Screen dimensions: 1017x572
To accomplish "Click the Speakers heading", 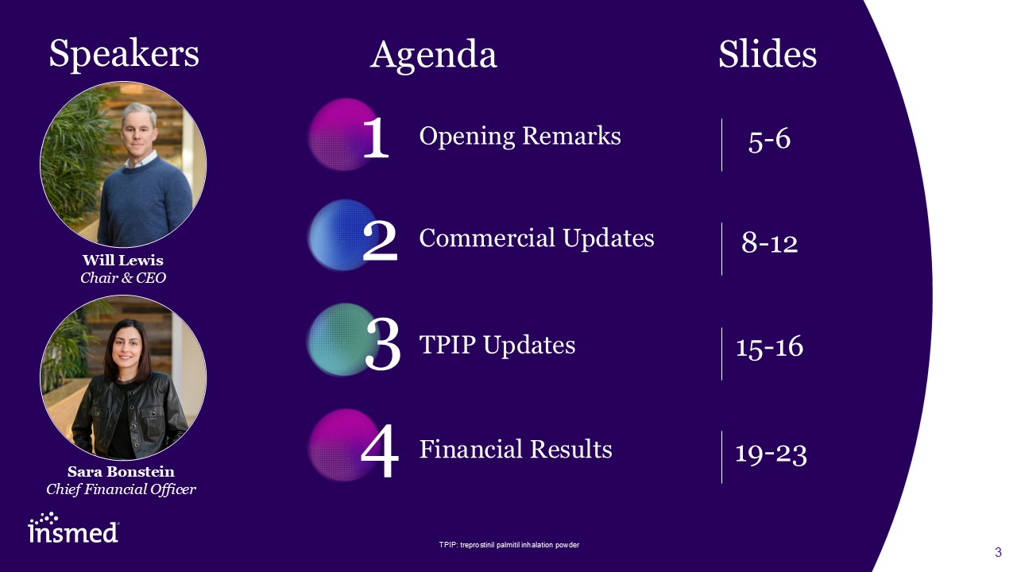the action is (x=124, y=55).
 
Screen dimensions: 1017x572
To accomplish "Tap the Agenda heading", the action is (x=434, y=56).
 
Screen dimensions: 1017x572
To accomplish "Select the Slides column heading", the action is (x=768, y=54).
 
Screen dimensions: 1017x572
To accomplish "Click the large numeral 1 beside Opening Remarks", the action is (x=376, y=137).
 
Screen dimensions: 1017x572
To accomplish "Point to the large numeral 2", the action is (x=380, y=241).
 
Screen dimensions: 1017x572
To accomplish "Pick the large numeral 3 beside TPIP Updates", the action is (x=383, y=344).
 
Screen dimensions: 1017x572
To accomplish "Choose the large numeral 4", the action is (x=380, y=450).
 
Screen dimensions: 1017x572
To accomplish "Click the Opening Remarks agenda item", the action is (x=520, y=136).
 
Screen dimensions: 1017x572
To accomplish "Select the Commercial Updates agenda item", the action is (x=536, y=238).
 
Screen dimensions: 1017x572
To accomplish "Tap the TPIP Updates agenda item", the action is (x=497, y=345).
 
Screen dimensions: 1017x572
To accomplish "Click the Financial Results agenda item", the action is (x=516, y=449).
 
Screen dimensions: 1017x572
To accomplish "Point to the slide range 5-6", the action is (x=770, y=139).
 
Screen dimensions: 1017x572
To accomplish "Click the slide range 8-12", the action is (x=770, y=242).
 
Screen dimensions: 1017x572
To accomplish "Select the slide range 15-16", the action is (x=770, y=347).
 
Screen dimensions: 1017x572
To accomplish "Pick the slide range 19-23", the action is (x=771, y=454).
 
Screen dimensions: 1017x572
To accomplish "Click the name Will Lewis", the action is (x=123, y=260).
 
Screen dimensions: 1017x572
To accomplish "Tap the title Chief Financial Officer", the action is (x=122, y=489).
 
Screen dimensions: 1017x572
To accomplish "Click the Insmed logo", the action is (x=73, y=528).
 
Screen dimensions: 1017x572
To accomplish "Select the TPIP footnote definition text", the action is (x=509, y=545).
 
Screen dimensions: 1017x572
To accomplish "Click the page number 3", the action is (x=998, y=552).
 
